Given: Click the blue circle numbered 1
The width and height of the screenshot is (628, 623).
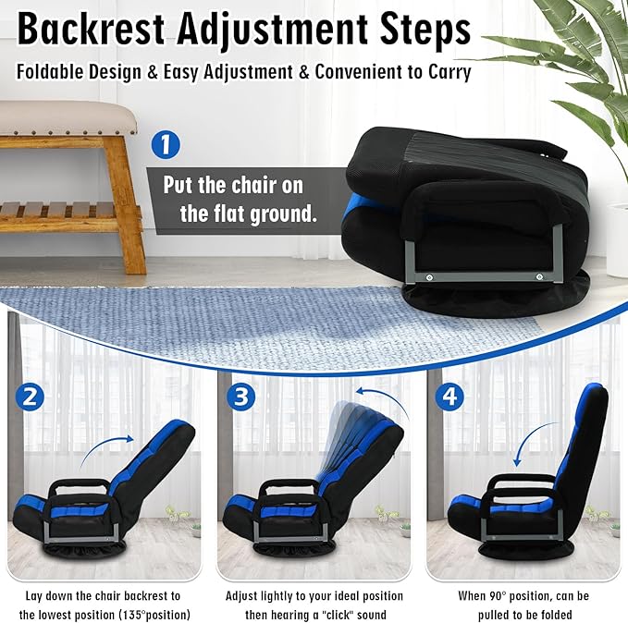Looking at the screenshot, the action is (166, 145).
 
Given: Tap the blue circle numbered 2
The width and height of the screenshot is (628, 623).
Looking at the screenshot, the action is (30, 397).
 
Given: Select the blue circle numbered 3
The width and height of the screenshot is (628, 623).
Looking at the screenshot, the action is (241, 397).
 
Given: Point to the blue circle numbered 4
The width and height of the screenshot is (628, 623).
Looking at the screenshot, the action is (449, 397).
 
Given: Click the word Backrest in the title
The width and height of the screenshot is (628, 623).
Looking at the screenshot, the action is (91, 30).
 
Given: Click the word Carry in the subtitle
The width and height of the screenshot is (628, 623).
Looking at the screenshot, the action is (449, 72).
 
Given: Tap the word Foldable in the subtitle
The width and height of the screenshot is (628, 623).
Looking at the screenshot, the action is (50, 72).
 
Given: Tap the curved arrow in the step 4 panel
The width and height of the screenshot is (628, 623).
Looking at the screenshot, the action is (528, 436).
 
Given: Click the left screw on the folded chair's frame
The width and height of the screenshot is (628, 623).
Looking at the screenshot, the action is (429, 277).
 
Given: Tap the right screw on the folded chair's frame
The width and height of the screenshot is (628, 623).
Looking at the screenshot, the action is (539, 276).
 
